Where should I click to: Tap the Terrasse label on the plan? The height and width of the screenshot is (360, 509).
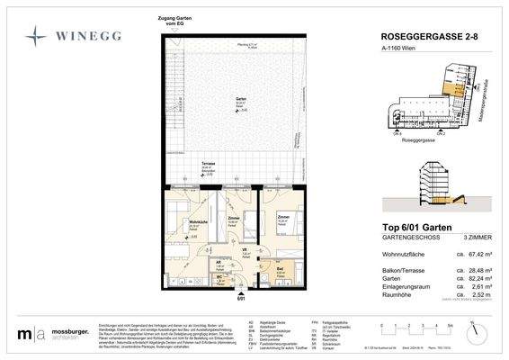tap(208, 164)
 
